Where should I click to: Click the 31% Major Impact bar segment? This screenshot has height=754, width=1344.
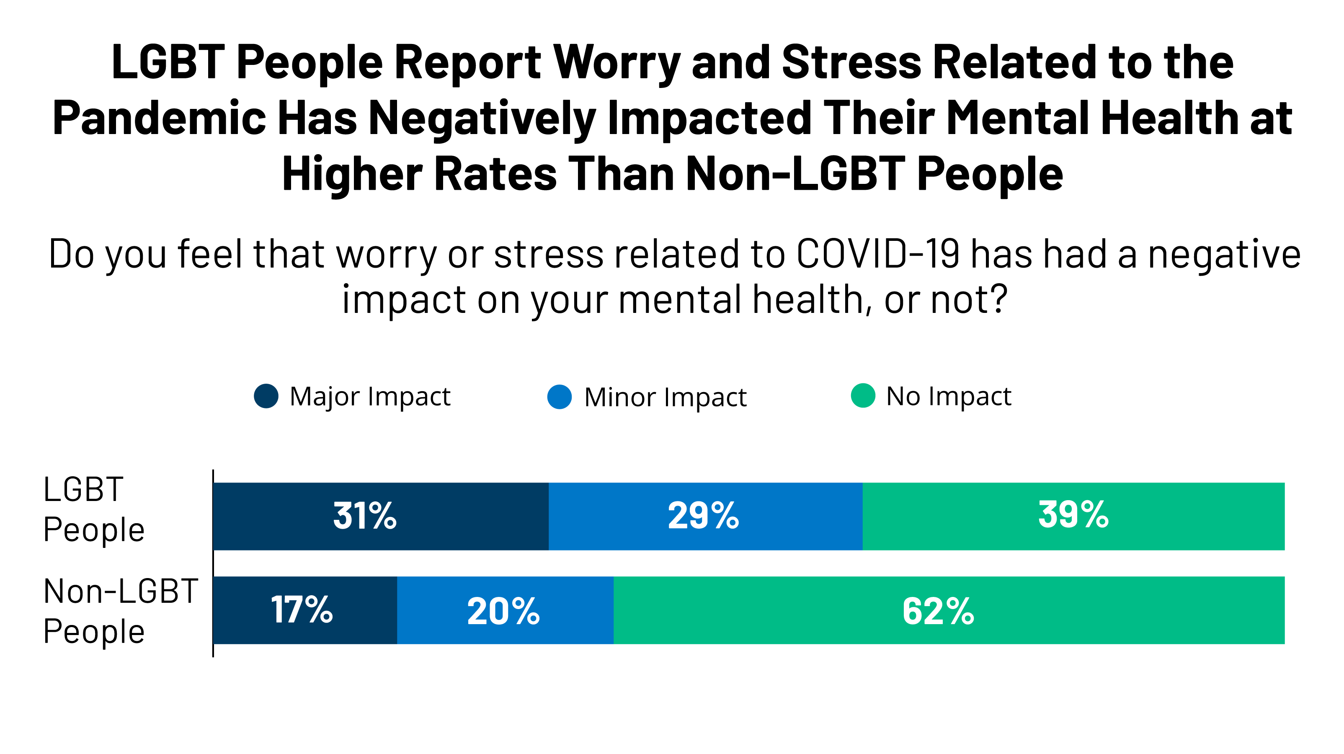point(381,516)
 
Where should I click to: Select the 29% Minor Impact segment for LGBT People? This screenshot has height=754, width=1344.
point(705,516)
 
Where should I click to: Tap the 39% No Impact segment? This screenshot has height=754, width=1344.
point(1073,516)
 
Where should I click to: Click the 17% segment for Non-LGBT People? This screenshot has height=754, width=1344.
point(305,610)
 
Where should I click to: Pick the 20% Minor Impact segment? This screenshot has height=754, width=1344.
point(505,610)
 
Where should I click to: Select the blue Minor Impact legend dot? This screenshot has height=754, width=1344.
point(559,397)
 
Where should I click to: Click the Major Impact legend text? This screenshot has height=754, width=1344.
point(370,397)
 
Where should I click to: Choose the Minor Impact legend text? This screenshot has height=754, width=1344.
point(665,398)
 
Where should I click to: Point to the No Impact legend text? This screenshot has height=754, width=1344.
point(949,397)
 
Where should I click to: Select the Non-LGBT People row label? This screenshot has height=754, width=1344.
point(120,611)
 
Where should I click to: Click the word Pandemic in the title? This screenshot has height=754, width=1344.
point(160,119)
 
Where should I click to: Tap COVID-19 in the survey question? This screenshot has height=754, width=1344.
point(878,254)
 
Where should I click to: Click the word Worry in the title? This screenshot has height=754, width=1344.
point(617,62)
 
